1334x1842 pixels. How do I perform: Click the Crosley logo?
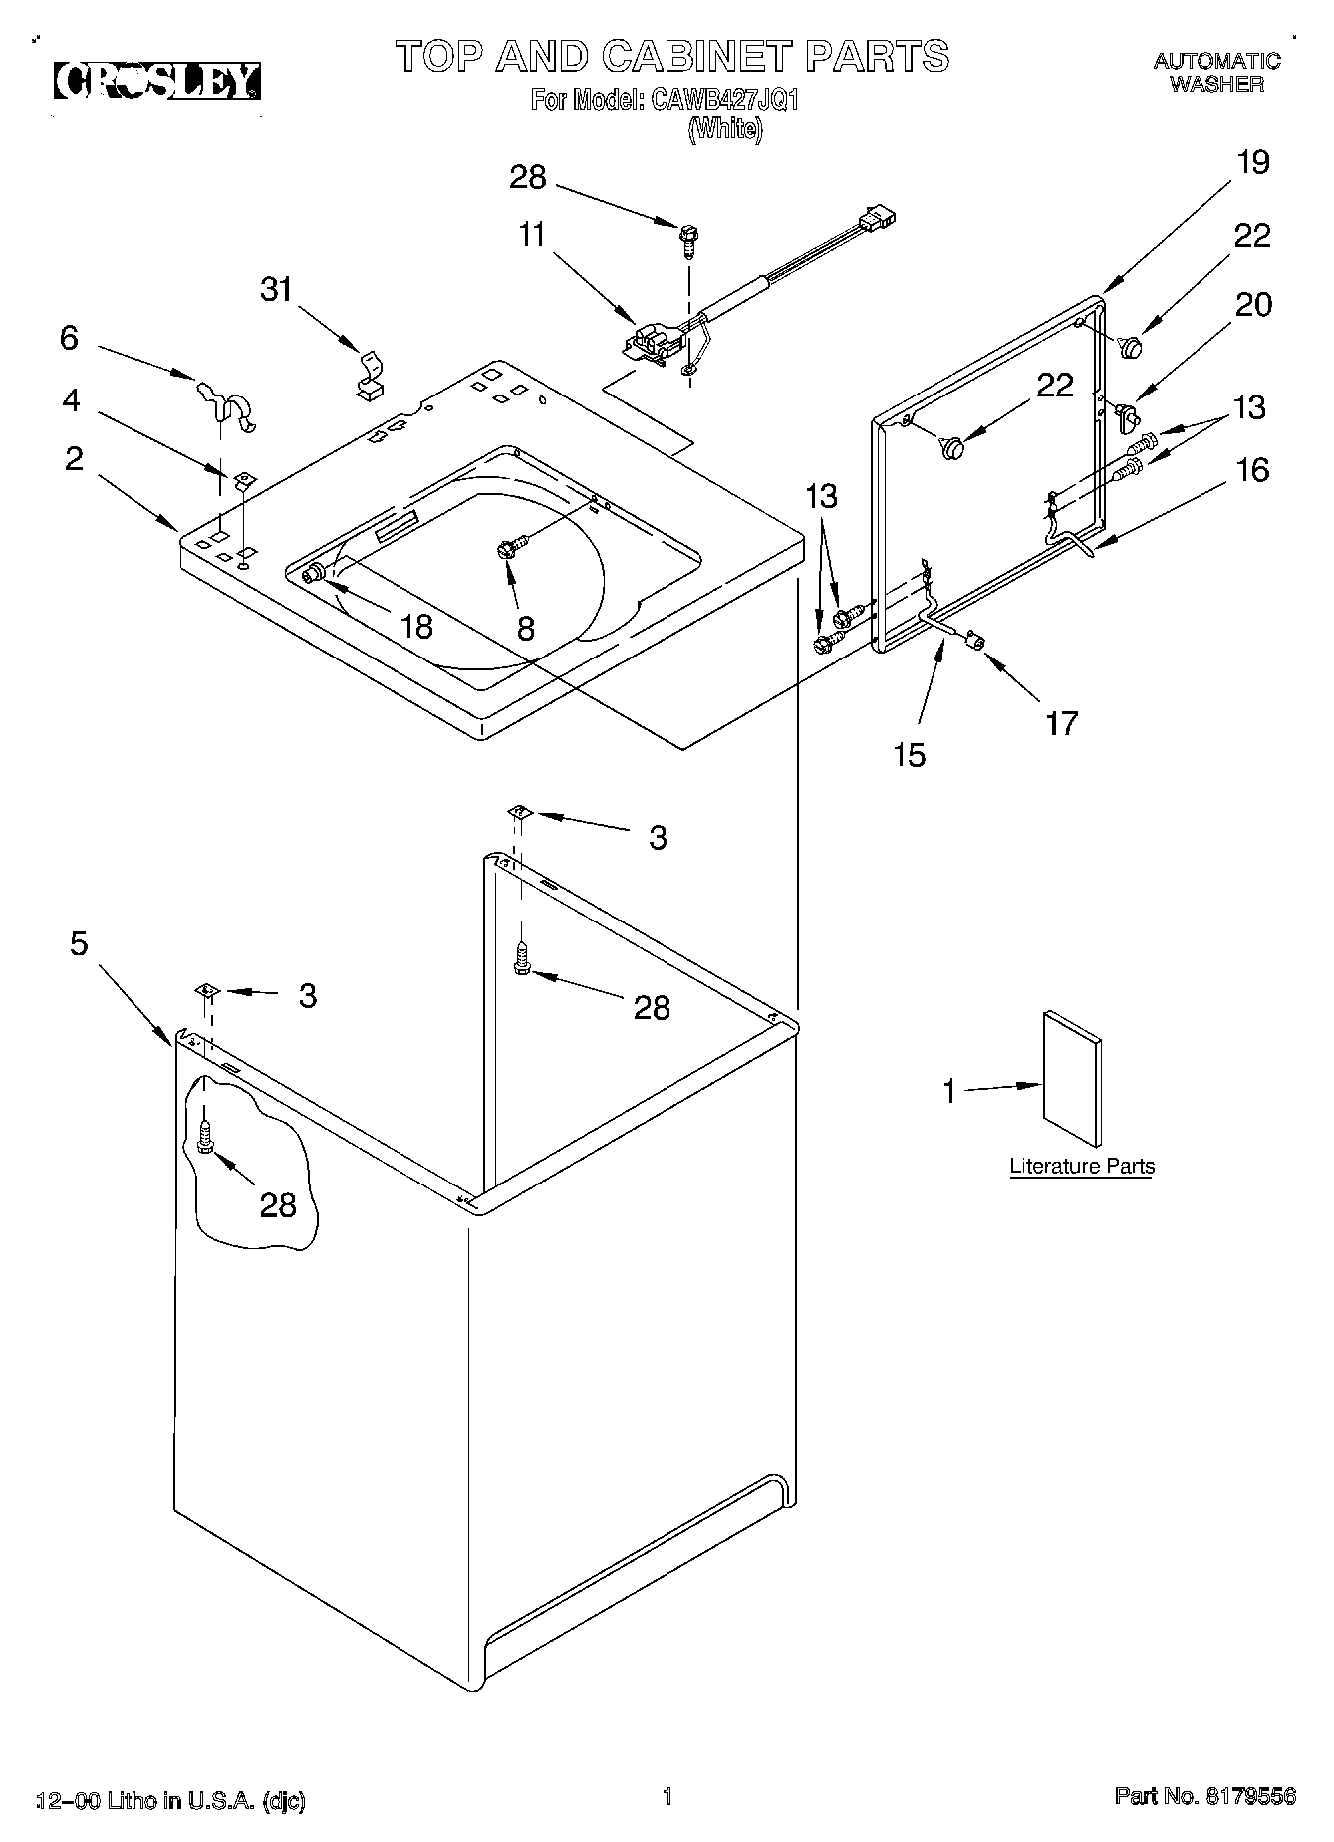coord(157,82)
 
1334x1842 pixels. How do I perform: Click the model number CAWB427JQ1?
coord(725,100)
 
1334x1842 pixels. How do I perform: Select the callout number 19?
coord(1253,162)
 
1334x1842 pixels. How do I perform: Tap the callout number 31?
coord(277,289)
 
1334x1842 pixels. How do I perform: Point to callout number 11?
coord(532,235)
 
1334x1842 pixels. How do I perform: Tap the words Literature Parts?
coord(1082,1166)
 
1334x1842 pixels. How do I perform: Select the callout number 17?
coord(1061,722)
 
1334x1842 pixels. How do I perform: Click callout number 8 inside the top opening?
coord(525,628)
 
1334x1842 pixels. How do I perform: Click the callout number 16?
coord(1252,469)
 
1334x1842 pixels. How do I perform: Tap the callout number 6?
coord(68,338)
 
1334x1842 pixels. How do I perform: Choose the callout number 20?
coord(1253,304)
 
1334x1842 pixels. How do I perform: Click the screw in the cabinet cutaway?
coord(206,1137)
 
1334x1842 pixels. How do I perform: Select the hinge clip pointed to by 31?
coord(370,376)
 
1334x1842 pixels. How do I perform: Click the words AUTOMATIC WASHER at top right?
coord(1216,73)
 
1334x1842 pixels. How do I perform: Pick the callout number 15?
coord(909,754)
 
